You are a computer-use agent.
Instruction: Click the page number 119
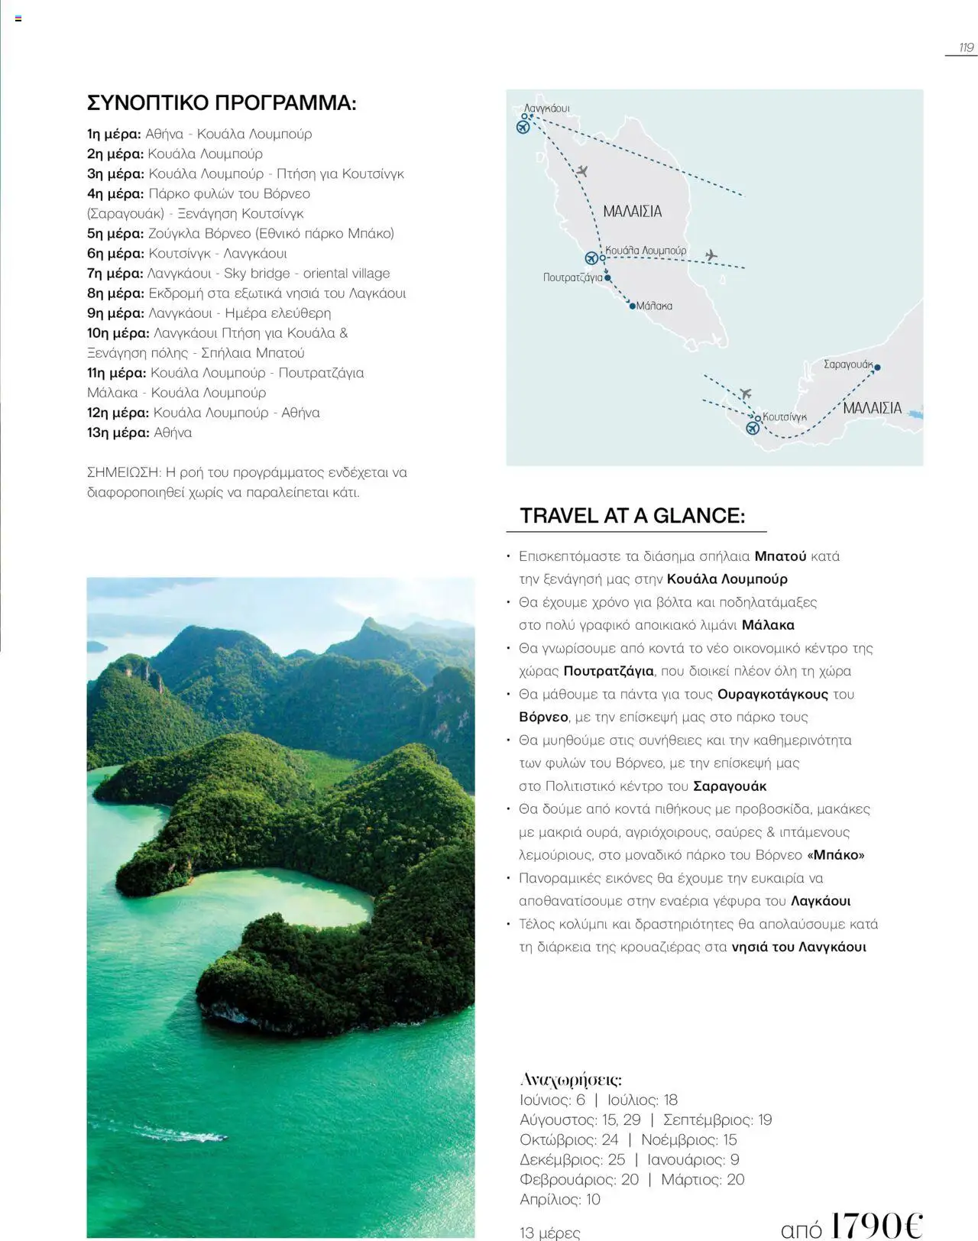(x=966, y=47)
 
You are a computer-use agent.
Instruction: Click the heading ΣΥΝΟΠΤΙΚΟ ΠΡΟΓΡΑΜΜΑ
(x=222, y=103)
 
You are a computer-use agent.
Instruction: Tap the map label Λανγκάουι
(x=547, y=109)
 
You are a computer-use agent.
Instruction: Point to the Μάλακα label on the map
(x=655, y=306)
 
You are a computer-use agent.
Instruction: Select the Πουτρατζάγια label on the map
(x=572, y=277)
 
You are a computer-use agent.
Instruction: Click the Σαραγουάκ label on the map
(x=847, y=365)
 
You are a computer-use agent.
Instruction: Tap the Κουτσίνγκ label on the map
(x=785, y=416)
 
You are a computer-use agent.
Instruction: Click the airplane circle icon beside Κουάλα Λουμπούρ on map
(x=591, y=258)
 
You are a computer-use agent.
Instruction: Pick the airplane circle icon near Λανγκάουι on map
(x=523, y=127)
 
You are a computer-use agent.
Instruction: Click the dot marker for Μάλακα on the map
(x=632, y=306)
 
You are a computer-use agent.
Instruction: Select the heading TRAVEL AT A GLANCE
(x=632, y=516)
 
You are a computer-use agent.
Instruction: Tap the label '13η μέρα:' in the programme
(x=118, y=433)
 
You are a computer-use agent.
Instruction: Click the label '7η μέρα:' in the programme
(x=115, y=274)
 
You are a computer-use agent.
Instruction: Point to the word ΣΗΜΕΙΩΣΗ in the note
(x=122, y=472)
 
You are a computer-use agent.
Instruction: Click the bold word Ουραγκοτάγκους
(x=772, y=694)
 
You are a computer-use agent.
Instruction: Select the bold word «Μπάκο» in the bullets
(x=836, y=854)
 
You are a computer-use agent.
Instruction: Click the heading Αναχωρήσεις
(x=570, y=1079)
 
